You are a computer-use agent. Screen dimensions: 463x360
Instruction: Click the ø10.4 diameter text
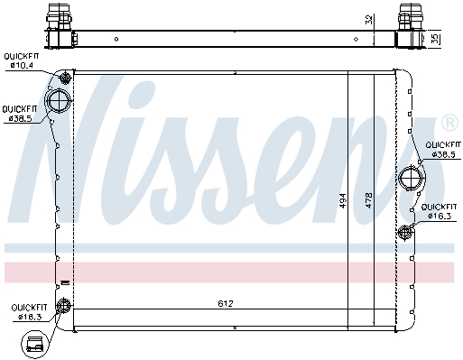(22, 65)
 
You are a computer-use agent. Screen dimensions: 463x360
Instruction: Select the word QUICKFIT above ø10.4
(22, 56)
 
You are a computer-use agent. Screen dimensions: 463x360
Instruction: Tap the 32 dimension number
(369, 19)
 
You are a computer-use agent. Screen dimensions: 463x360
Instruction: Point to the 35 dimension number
(435, 39)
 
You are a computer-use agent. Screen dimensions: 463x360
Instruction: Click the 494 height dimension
(343, 200)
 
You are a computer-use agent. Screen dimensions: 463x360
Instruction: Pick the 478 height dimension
(369, 200)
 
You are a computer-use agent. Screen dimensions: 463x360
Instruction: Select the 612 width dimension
(226, 303)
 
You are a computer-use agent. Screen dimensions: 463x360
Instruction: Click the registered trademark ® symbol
(450, 124)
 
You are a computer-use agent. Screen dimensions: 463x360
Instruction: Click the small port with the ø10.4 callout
(65, 78)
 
